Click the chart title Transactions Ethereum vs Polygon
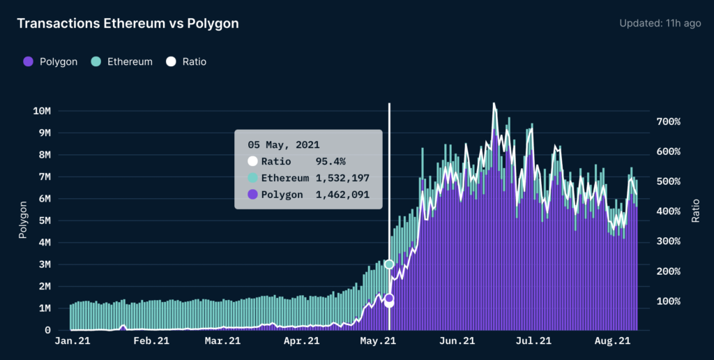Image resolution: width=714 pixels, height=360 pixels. (x=128, y=24)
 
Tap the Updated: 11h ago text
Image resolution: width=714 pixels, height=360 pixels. (x=660, y=24)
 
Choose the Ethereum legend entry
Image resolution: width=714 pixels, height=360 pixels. (x=122, y=61)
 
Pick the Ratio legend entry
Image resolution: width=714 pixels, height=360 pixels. (x=186, y=61)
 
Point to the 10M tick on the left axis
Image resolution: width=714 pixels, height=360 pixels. (x=41, y=111)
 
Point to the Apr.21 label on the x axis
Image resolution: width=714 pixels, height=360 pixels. (x=302, y=341)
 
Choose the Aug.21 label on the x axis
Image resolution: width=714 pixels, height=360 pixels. (x=612, y=341)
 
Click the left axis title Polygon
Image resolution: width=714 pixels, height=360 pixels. (x=23, y=220)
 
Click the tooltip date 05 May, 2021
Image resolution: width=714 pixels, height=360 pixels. (x=284, y=145)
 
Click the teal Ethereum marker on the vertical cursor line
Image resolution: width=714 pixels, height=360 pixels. (x=389, y=264)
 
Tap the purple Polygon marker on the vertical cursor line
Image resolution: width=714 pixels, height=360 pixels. (x=389, y=299)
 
